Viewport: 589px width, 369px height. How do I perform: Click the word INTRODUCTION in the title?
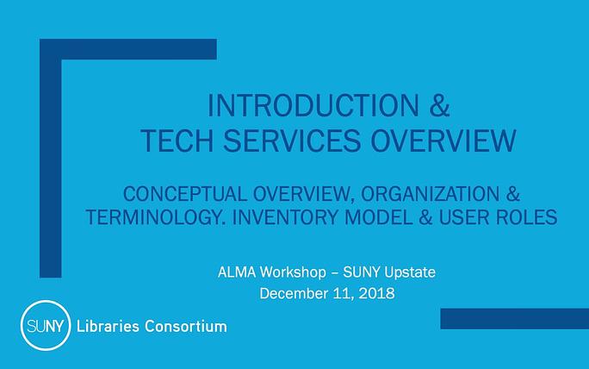coord(313,106)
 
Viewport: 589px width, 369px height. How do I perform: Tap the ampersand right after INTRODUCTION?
coord(439,106)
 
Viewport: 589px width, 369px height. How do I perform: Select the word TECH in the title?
coord(177,141)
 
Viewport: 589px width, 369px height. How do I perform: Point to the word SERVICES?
coord(292,141)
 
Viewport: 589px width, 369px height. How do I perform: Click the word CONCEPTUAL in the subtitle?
coord(185,194)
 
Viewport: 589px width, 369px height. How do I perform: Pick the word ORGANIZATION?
coord(430,194)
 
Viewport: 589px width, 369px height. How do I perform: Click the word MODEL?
coord(378,217)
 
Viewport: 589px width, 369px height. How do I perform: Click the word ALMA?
coord(237,272)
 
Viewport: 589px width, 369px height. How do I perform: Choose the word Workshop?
coord(293,272)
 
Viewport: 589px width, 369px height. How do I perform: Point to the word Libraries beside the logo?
coord(108,326)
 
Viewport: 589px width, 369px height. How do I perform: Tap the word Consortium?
coord(186,326)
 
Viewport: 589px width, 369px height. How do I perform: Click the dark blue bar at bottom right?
coord(515,319)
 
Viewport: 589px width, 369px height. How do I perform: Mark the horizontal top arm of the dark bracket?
coord(128,49)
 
